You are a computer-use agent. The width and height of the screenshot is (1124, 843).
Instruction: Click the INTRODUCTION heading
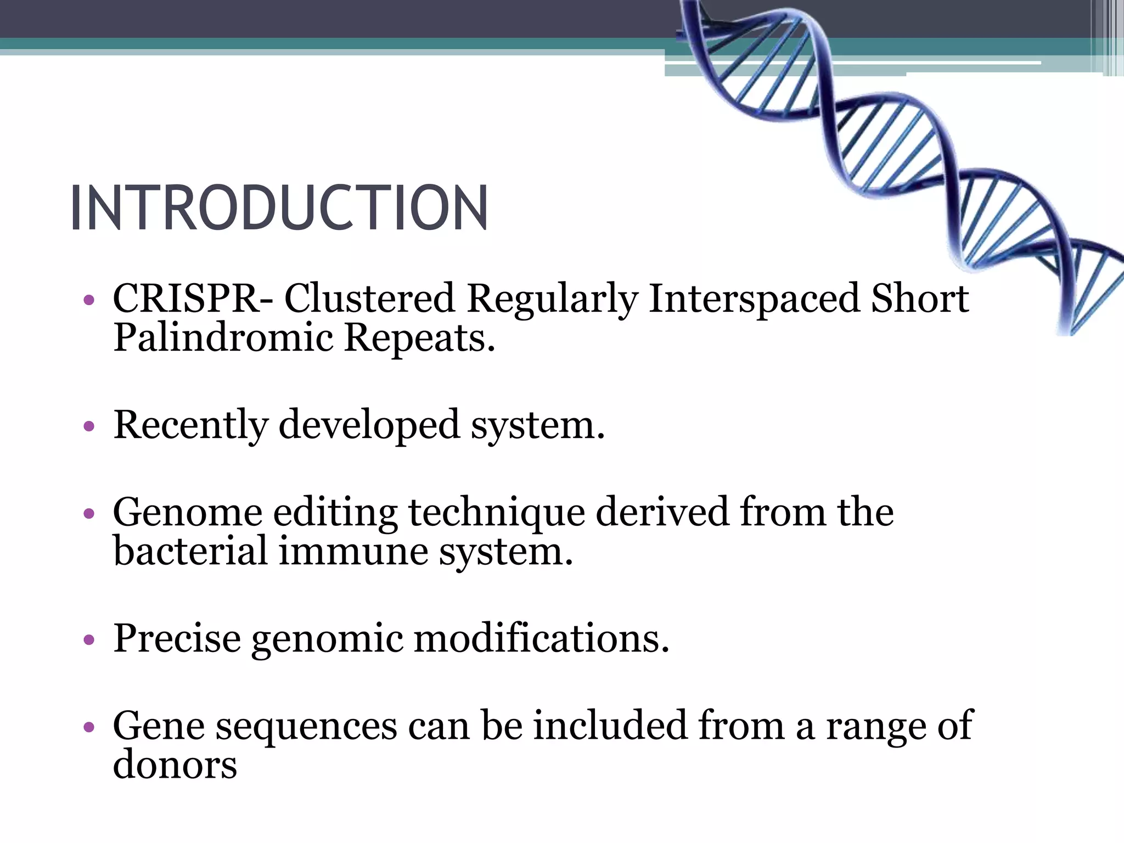click(279, 208)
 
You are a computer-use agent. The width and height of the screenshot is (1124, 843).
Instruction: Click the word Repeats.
click(419, 339)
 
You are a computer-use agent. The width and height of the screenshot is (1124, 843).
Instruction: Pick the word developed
click(369, 425)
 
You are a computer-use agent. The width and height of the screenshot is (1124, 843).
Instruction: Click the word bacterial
click(190, 551)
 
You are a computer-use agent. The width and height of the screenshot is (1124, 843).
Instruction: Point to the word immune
click(353, 551)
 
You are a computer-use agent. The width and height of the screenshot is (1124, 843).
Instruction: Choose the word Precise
click(177, 638)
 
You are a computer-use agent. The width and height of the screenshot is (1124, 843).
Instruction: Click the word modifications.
click(541, 638)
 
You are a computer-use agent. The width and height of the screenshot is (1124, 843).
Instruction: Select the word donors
click(175, 765)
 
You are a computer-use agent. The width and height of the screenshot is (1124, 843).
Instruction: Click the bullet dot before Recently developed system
click(89, 426)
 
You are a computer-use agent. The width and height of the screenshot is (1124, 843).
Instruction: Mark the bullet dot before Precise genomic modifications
click(89, 639)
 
